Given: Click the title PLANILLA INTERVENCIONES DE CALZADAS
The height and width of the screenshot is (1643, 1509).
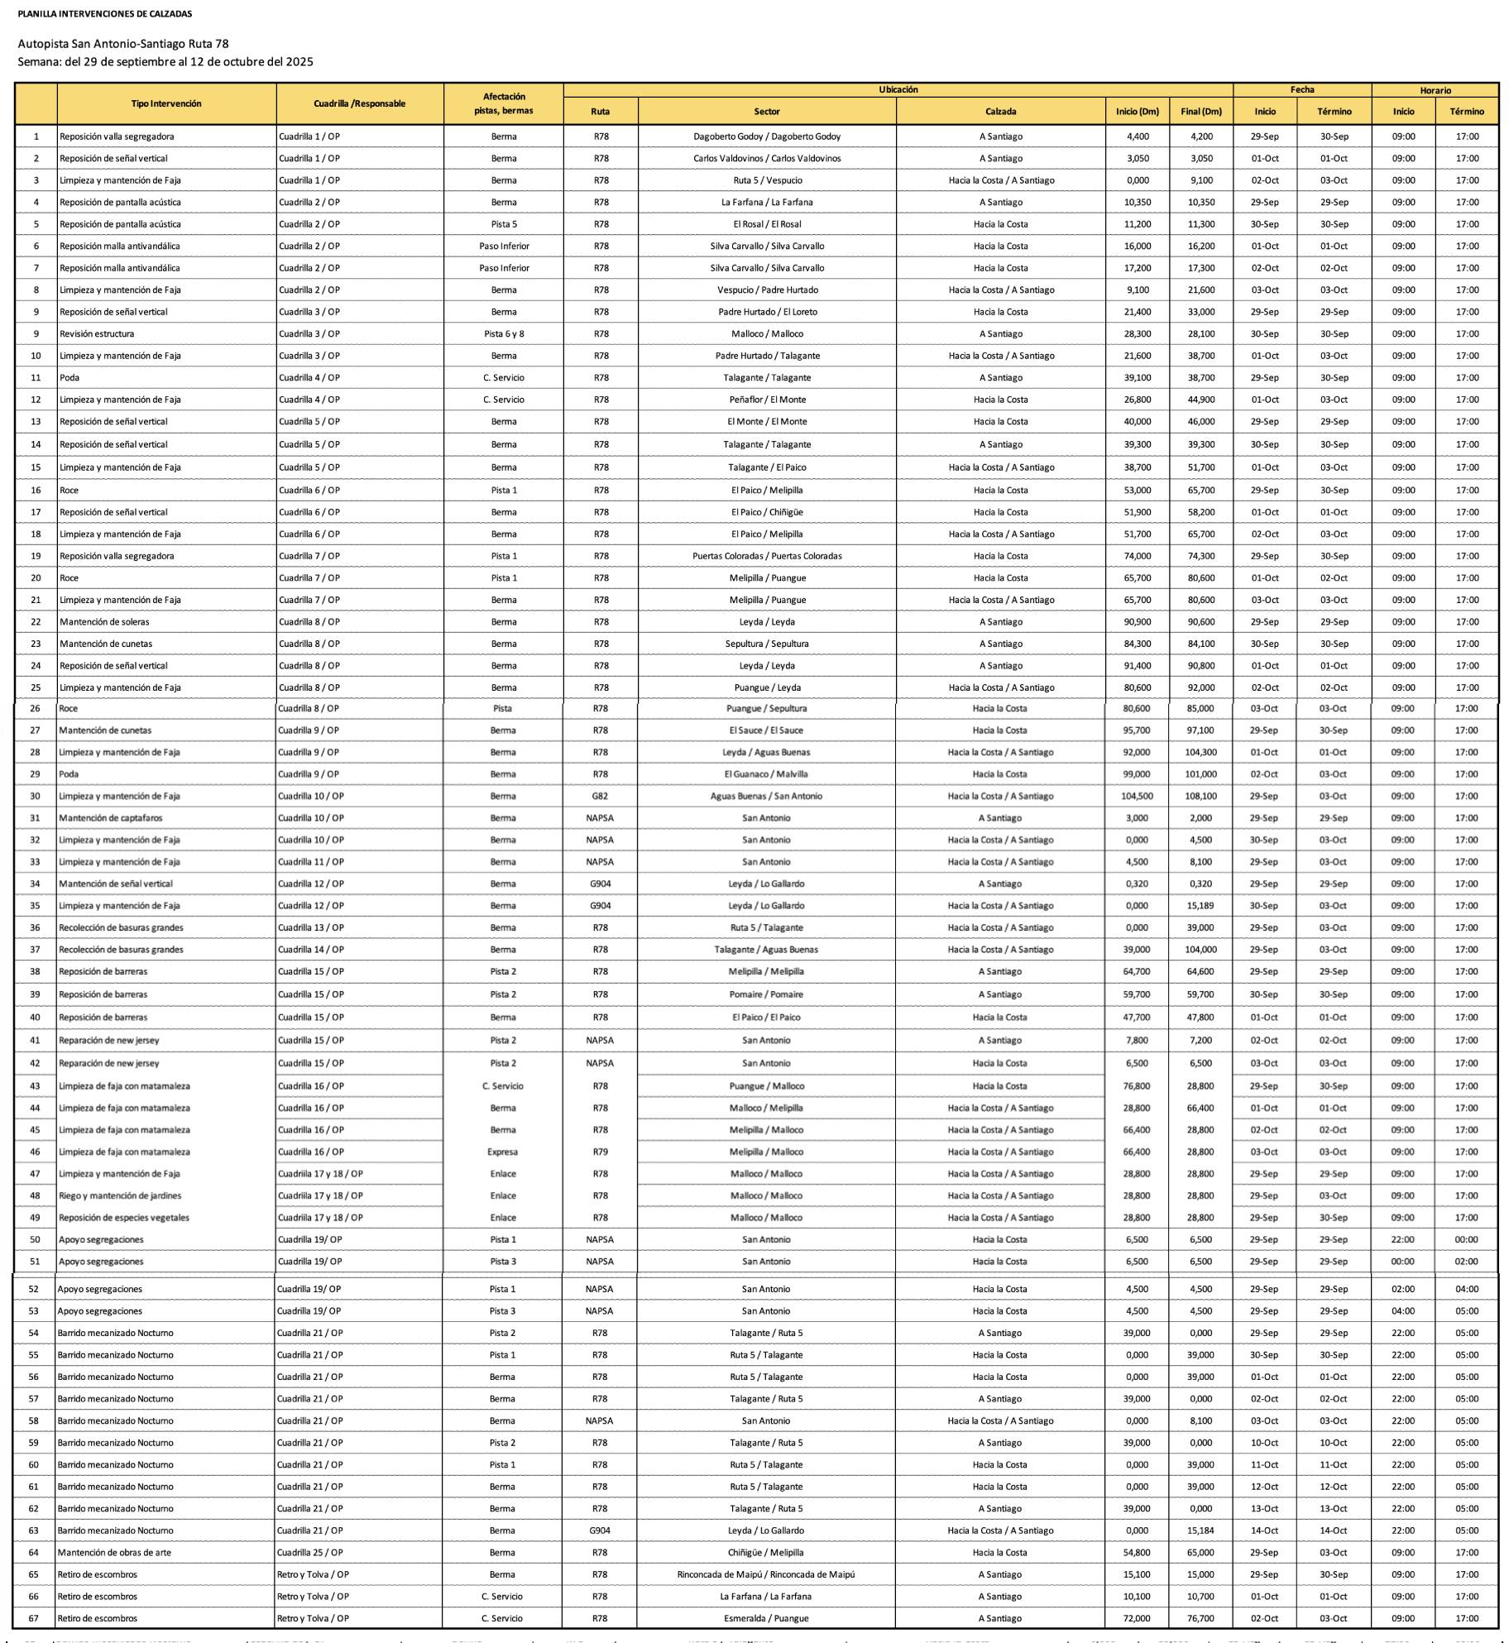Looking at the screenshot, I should coord(104,14).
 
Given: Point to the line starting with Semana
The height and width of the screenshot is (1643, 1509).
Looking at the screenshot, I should coord(165,62).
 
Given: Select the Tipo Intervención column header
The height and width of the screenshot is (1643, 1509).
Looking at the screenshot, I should coord(166,103).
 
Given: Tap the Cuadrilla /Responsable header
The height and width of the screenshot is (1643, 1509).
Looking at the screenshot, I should coord(359,103).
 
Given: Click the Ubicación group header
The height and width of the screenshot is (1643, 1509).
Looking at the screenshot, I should coord(898,89).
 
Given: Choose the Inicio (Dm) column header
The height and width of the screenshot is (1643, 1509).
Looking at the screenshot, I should coord(1137,112).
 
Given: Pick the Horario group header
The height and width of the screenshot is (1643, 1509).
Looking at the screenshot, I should coord(1435,90).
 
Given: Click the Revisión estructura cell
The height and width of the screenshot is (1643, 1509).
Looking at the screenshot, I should coord(97,334).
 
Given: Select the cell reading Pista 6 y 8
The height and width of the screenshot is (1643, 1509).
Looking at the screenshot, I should coord(503,334).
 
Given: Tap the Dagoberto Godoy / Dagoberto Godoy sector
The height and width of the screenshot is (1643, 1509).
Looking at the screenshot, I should coord(766,137).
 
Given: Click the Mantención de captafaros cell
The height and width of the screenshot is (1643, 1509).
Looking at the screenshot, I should coord(111,818).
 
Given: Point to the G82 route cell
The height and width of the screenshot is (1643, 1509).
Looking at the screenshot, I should coord(600,796).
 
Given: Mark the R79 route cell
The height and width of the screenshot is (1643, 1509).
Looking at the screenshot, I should coord(600,1152).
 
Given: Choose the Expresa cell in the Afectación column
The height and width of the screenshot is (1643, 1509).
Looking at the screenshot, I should coord(502,1152).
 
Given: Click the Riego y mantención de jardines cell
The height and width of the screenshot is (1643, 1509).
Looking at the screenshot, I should coord(120,1195).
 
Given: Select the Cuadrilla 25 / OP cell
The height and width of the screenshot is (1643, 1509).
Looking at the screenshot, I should coord(309,1553).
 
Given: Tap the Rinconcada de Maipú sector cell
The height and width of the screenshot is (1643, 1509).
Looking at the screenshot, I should coord(765,1574).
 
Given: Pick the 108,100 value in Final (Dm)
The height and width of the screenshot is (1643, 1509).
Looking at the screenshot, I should coord(1200,796).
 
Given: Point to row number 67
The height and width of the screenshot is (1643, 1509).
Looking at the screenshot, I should coord(34,1618).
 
